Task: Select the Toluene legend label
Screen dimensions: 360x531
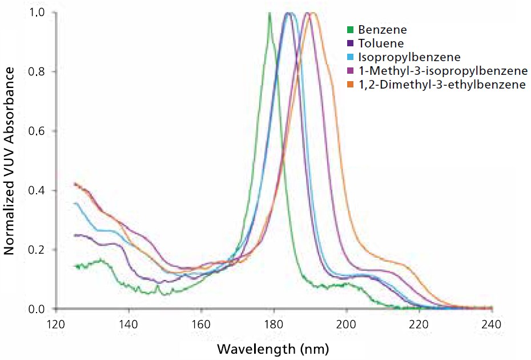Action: (x=381, y=43)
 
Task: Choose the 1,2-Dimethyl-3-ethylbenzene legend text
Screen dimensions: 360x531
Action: (x=442, y=85)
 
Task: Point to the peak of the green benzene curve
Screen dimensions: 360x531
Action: (x=269, y=13)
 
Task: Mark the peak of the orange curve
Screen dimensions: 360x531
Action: (x=312, y=13)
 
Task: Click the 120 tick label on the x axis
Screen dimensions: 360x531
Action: (x=56, y=324)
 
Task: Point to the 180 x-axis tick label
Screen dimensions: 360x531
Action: (x=273, y=324)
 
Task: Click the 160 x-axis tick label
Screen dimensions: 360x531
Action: (x=201, y=324)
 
